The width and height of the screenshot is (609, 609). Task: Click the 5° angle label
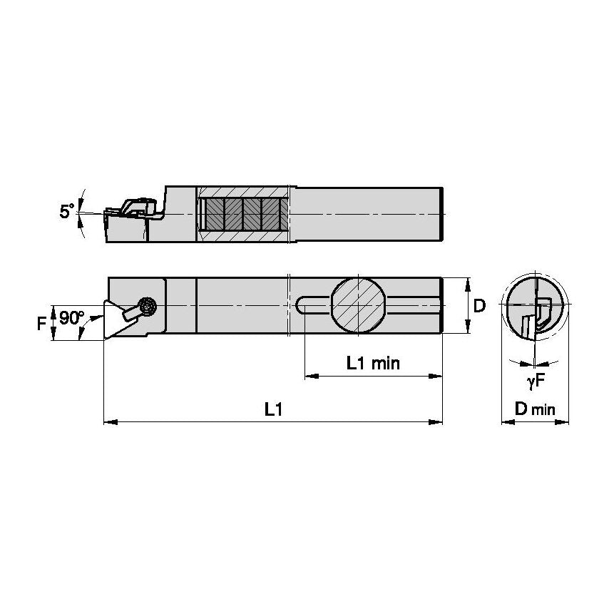66,212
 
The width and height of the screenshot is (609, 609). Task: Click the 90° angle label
71,319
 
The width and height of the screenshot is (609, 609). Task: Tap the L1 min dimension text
373,363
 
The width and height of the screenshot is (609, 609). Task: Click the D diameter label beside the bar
479,306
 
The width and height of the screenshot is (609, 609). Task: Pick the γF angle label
536,382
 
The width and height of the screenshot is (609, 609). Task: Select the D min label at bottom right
534,409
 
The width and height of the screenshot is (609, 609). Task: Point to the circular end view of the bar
535,305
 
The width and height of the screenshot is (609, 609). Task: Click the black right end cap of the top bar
444,214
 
